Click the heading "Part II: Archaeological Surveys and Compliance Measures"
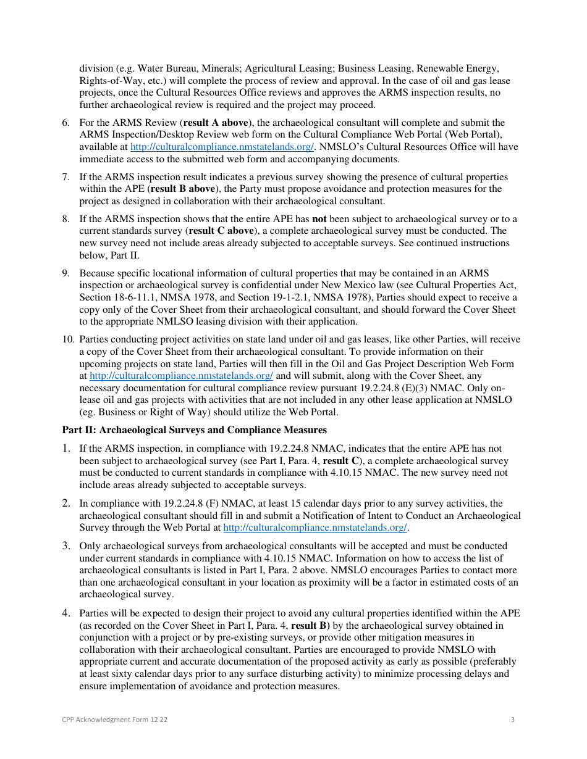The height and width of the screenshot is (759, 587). (x=194, y=430)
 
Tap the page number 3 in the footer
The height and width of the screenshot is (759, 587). (x=513, y=720)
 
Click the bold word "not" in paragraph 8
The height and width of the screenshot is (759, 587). (x=319, y=219)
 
